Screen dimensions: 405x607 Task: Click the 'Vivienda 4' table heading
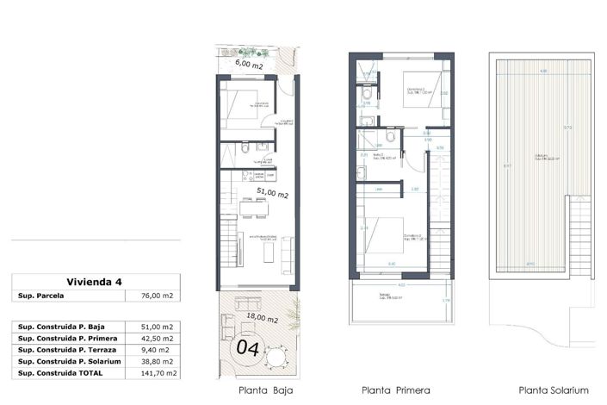[96, 282]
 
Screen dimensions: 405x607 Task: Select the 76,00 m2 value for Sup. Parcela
[156, 296]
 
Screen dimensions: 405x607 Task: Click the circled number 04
[248, 349]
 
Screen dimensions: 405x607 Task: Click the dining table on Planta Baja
[253, 207]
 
